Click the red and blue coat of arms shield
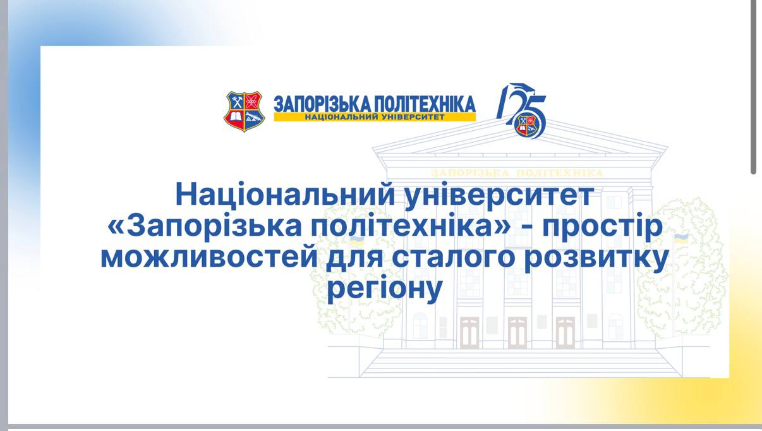click(x=243, y=111)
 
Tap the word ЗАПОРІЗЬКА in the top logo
click(x=319, y=104)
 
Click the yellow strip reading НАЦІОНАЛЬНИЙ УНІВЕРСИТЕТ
click(x=375, y=118)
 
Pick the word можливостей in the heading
click(x=208, y=259)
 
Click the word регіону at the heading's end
click(x=385, y=292)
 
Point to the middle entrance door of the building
click(x=517, y=332)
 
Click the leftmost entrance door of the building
click(x=469, y=332)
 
